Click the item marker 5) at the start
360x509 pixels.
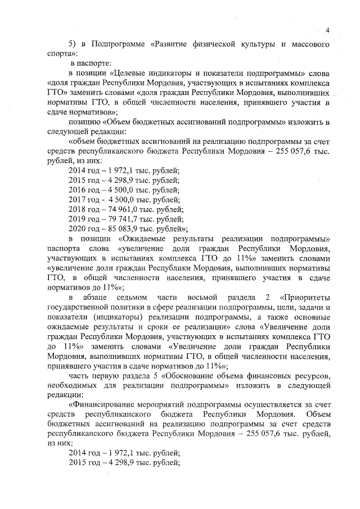[73, 43]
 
